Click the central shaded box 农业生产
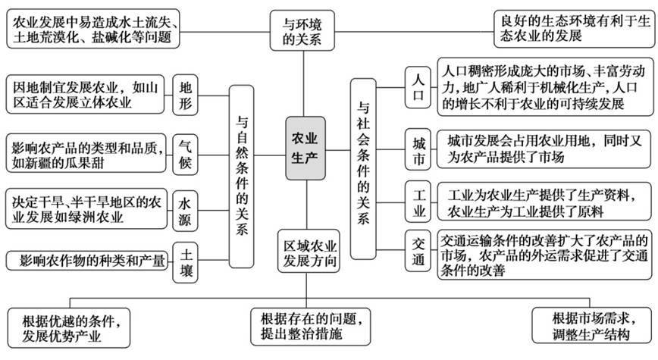coord(306,148)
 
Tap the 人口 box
coord(418,89)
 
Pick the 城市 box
coord(418,151)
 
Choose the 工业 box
coord(418,201)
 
